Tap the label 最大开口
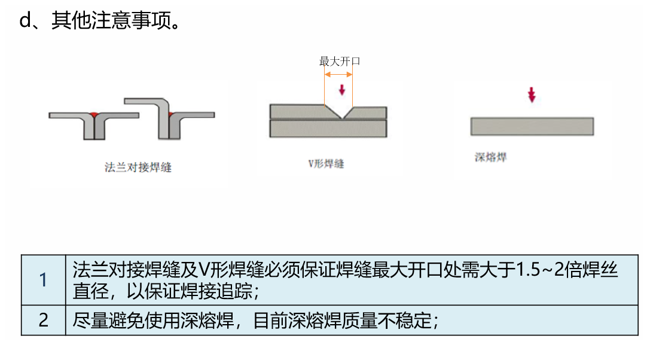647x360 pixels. [339, 61]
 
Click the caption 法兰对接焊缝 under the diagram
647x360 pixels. [138, 167]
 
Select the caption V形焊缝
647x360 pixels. [326, 163]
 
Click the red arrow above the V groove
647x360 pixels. [342, 90]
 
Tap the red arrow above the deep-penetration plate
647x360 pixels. [532, 95]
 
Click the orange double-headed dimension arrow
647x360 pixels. [338, 74]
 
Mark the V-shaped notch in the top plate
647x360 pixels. [342, 112]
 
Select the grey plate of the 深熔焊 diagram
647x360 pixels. [532, 126]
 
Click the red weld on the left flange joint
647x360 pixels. [94, 114]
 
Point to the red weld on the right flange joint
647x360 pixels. [170, 114]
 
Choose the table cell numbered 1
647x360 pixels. [43, 280]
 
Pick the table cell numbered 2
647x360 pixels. [43, 320]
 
